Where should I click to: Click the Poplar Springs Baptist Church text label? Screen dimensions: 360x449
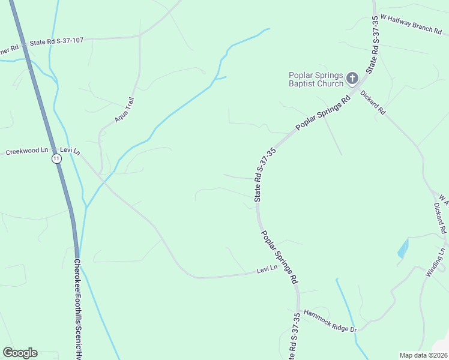pyautogui.click(x=315, y=79)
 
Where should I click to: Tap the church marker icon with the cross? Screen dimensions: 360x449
pyautogui.click(x=352, y=78)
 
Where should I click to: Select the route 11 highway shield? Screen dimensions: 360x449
pyautogui.click(x=56, y=158)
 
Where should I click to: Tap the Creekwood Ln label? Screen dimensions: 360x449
pyautogui.click(x=26, y=151)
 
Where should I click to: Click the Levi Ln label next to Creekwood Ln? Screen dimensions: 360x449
pyautogui.click(x=70, y=151)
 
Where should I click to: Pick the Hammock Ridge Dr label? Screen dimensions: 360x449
pyautogui.click(x=330, y=321)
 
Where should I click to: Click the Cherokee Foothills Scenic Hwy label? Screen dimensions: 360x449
pyautogui.click(x=77, y=309)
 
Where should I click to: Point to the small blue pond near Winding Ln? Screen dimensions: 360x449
pyautogui.click(x=403, y=248)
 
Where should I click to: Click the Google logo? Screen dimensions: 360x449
pyautogui.click(x=20, y=353)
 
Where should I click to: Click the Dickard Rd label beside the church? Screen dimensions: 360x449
pyautogui.click(x=373, y=102)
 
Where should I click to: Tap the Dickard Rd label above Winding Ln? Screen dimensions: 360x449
pyautogui.click(x=441, y=217)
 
